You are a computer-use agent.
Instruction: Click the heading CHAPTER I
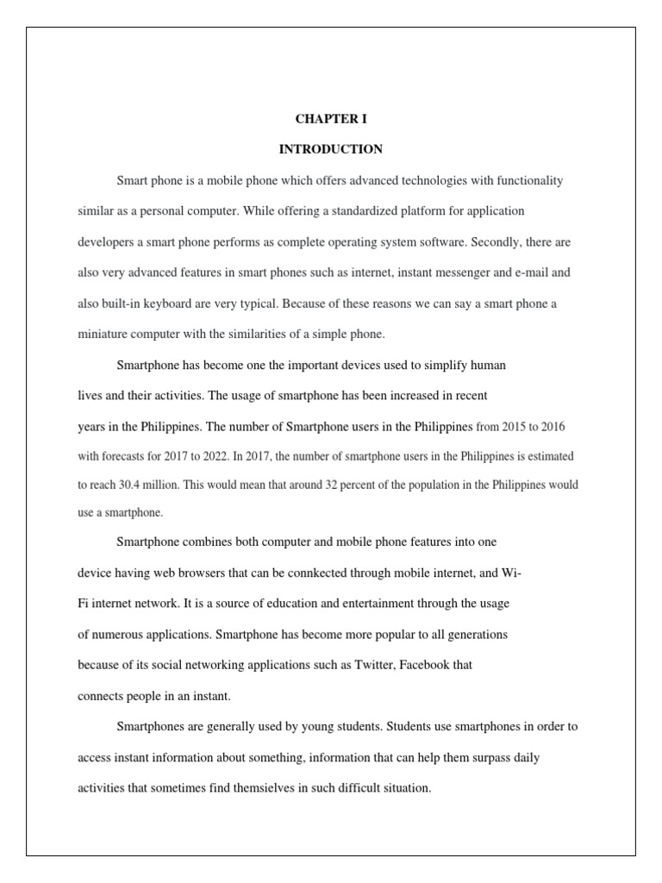(330, 119)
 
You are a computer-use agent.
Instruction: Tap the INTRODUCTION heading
(330, 149)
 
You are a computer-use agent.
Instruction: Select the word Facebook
(426, 665)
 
